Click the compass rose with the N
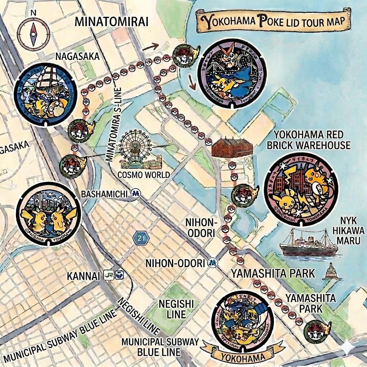33,34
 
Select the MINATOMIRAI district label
111,21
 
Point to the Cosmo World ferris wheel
136,149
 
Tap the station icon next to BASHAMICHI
136,194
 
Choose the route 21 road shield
141,238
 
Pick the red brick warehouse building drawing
232,147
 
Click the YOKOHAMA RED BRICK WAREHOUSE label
312,140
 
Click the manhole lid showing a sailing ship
46,95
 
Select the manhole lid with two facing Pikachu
49,214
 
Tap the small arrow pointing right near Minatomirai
151,46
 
